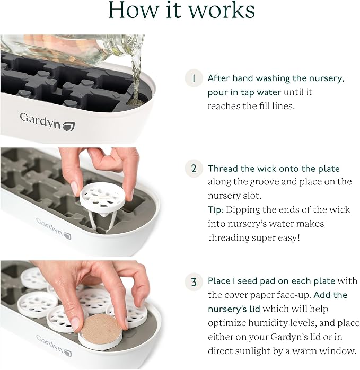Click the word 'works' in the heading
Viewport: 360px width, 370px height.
(222, 10)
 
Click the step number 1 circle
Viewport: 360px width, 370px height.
(194, 78)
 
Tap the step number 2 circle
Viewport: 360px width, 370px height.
(194, 169)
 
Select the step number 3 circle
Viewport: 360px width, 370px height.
(194, 282)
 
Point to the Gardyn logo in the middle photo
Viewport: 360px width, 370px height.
(54, 228)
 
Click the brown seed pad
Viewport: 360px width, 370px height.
(101, 329)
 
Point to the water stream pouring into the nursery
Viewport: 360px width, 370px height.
(136, 78)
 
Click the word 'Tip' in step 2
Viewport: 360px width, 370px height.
(215, 210)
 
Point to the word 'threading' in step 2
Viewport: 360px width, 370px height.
(229, 238)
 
